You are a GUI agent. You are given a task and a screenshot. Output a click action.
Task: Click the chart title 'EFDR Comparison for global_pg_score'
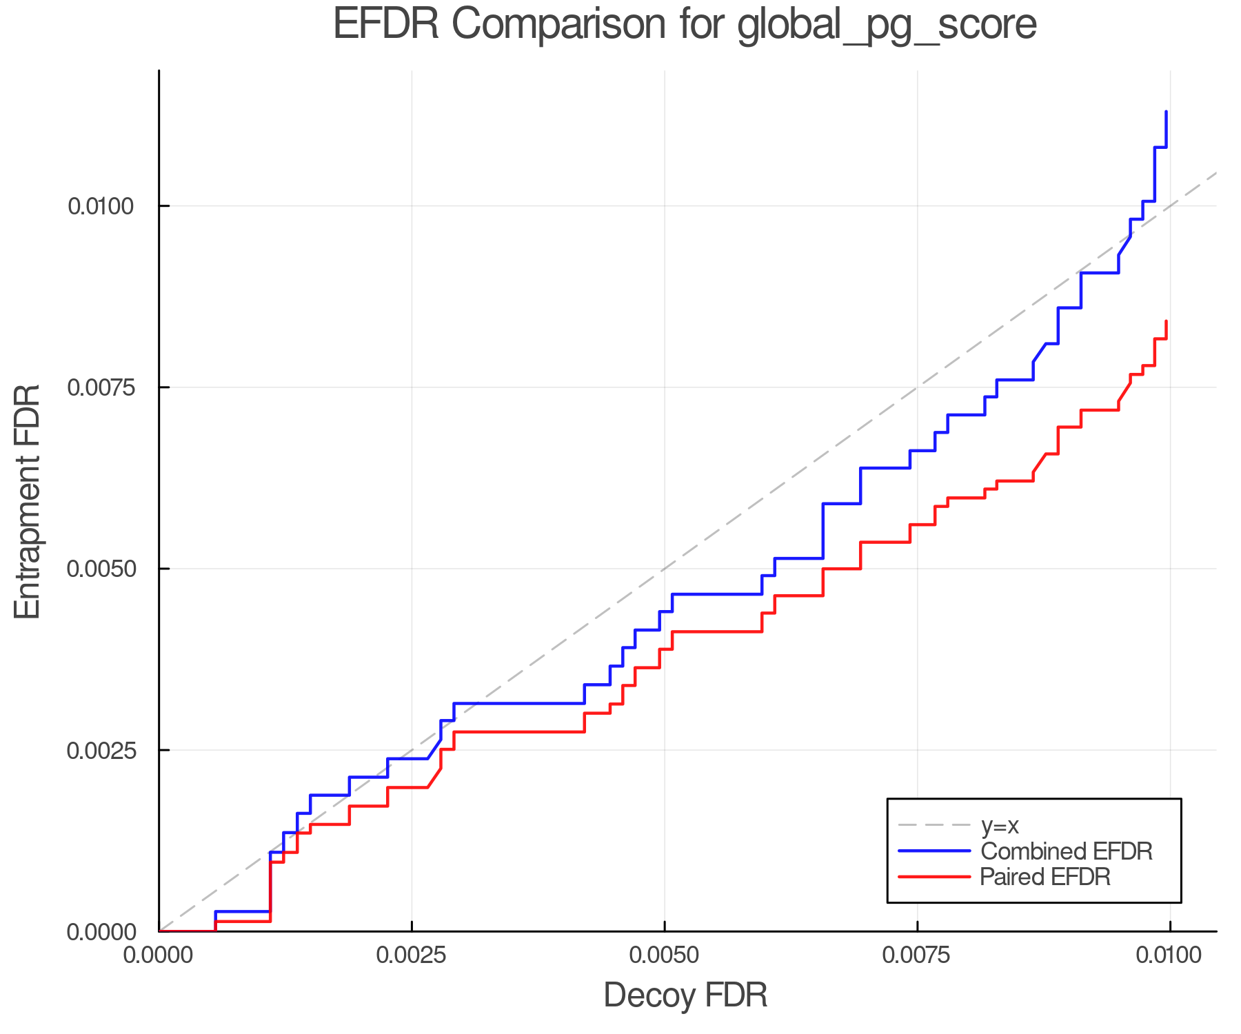click(x=685, y=25)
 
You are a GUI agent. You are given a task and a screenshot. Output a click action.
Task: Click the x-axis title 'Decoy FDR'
click(x=685, y=995)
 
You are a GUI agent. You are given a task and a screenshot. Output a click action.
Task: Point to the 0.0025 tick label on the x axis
click(x=412, y=955)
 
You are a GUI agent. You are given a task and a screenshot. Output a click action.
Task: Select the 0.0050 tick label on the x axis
click(x=664, y=955)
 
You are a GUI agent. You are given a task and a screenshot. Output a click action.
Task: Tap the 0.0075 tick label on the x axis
click(x=917, y=955)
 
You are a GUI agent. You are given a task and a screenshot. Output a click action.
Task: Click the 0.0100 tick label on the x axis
click(x=1169, y=955)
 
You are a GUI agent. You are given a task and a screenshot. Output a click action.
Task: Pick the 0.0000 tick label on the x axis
click(x=159, y=955)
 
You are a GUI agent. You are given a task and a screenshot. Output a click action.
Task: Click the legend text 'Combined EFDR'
click(x=1066, y=851)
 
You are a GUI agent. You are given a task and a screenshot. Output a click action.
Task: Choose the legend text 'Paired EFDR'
click(x=1045, y=877)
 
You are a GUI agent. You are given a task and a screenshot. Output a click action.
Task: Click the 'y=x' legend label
click(x=1000, y=825)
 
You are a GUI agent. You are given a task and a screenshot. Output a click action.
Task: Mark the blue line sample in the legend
click(x=934, y=851)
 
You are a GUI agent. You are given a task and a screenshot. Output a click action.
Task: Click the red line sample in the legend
click(x=934, y=877)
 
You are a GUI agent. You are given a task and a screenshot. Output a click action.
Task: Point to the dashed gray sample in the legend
click(x=934, y=825)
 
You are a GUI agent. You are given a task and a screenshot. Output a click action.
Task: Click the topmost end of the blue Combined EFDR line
click(x=1166, y=112)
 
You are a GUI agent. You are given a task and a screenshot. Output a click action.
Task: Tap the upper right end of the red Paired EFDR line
click(x=1166, y=321)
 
